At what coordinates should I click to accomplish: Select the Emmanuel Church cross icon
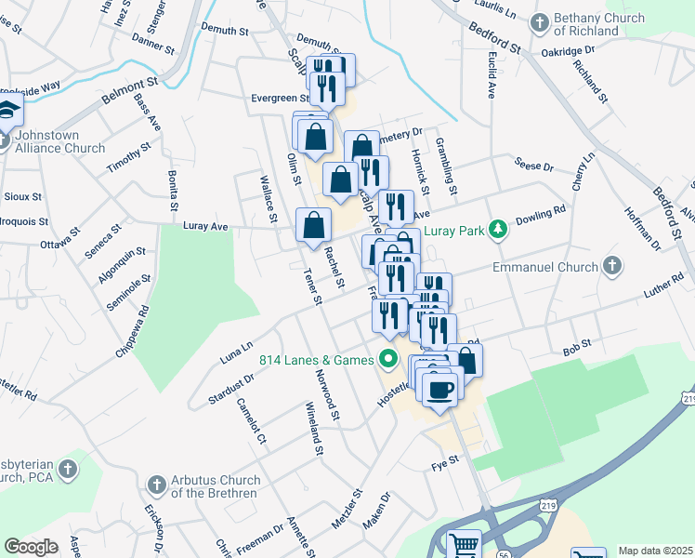point(611,266)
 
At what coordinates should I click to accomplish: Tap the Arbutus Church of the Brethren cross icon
point(156,485)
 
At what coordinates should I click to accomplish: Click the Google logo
point(31,547)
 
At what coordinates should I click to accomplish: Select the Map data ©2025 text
point(656,551)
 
